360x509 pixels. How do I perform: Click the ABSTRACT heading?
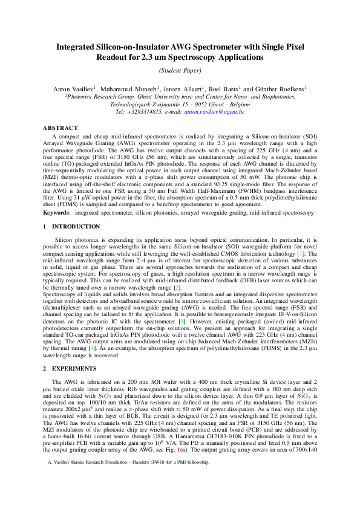point(61,128)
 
